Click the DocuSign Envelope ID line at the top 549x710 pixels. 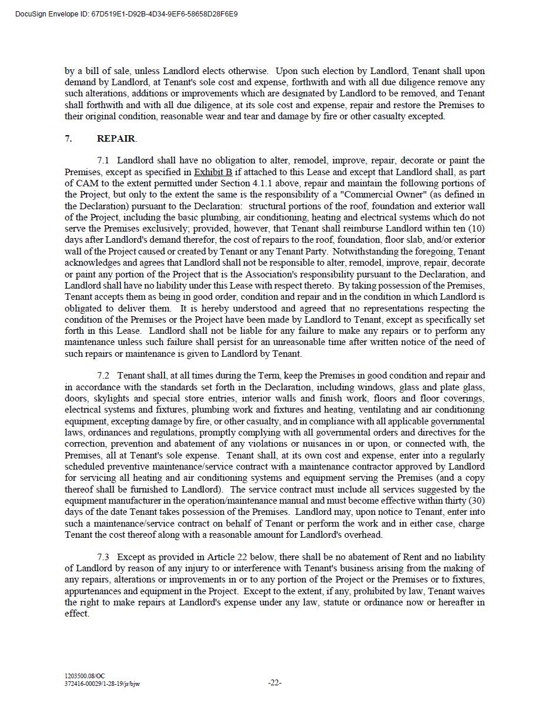point(127,14)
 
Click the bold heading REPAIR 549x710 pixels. point(116,139)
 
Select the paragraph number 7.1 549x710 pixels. point(103,160)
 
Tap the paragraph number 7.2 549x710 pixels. point(103,376)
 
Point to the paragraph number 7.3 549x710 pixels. point(103,557)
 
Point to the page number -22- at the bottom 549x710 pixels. point(274,683)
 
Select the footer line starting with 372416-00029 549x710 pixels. point(102,684)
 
